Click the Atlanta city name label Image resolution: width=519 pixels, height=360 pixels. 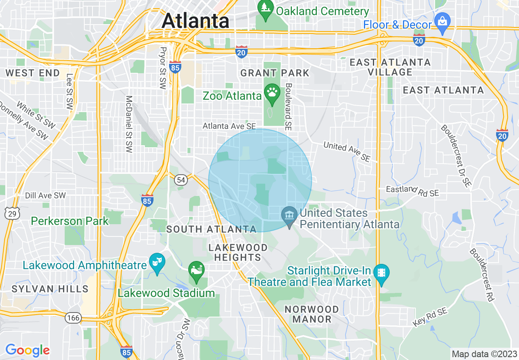pyautogui.click(x=195, y=20)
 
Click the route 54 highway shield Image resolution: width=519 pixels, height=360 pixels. pyautogui.click(x=181, y=179)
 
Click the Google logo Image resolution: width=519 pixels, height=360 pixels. pyautogui.click(x=27, y=350)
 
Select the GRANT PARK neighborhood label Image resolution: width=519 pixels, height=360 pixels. pyautogui.click(x=275, y=73)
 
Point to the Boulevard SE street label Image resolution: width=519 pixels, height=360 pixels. pyautogui.click(x=289, y=107)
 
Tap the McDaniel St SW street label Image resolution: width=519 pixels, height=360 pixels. pyautogui.click(x=129, y=125)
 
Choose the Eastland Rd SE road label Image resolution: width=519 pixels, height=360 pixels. pyautogui.click(x=413, y=191)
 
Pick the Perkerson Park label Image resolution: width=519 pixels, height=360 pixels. pyautogui.click(x=70, y=221)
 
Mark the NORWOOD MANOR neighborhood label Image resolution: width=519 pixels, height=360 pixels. pyautogui.click(x=312, y=314)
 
